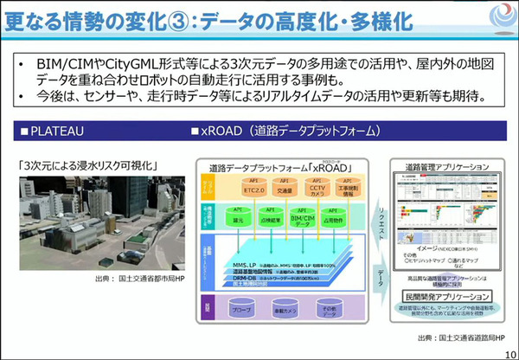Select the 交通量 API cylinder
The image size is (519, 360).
tap(259, 190)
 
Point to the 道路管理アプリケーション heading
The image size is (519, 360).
tap(449, 166)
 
